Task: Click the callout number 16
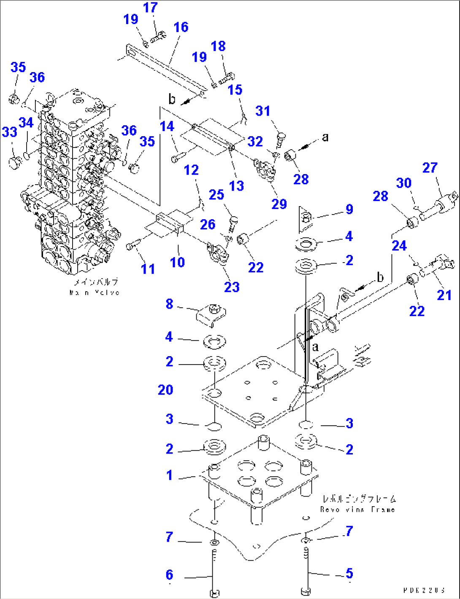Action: point(181,27)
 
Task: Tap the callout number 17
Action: point(150,8)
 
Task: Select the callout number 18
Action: point(218,46)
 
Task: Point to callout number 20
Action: point(165,390)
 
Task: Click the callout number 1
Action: point(169,475)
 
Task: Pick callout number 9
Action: point(349,210)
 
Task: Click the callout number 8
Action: point(169,304)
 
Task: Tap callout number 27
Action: point(430,168)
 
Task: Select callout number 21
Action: point(444,295)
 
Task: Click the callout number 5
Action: point(349,573)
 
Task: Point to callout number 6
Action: point(169,575)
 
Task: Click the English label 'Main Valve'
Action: point(95,293)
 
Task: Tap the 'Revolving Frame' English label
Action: point(357,510)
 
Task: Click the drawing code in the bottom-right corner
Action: point(424,591)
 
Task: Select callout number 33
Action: point(9,132)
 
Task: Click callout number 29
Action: point(279,204)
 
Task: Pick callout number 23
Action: point(232,287)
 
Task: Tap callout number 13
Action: point(236,186)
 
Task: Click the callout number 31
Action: point(262,111)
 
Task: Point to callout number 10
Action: point(177,262)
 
